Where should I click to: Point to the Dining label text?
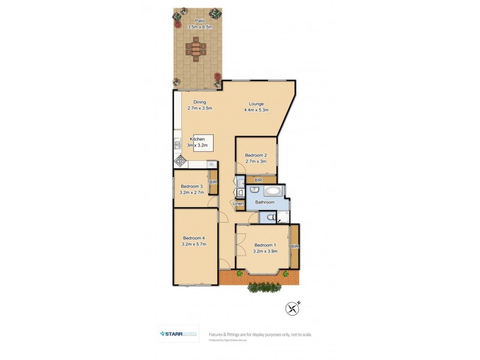[199, 103]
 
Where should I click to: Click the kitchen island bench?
[203, 143]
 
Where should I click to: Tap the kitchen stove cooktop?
[181, 161]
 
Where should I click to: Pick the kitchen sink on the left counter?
[177, 145]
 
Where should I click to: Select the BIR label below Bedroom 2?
[258, 180]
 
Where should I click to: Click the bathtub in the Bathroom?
[272, 192]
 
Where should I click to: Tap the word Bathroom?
[265, 202]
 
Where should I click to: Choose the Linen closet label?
[239, 204]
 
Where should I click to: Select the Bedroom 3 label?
[192, 187]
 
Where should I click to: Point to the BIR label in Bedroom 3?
[213, 181]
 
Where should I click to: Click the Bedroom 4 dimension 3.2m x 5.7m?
[194, 244]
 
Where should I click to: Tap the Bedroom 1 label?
[265, 245]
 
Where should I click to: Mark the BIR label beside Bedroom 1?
[295, 246]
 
